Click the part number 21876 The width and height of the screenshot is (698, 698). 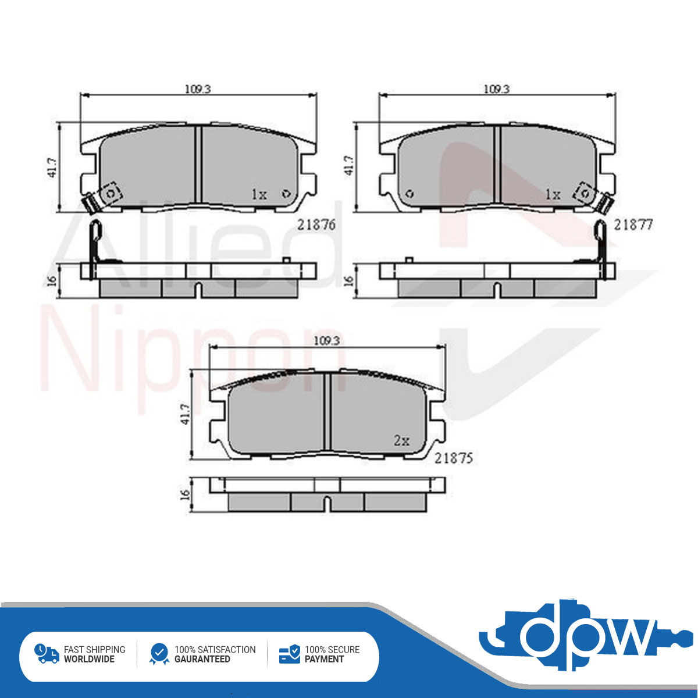pyautogui.click(x=316, y=225)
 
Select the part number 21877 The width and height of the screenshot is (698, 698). pyautogui.click(x=633, y=225)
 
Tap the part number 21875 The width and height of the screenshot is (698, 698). pyautogui.click(x=454, y=458)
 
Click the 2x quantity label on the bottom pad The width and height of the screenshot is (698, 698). pyautogui.click(x=402, y=440)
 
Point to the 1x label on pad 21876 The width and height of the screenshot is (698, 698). pyautogui.click(x=259, y=195)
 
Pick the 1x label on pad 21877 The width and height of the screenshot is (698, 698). pyautogui.click(x=553, y=195)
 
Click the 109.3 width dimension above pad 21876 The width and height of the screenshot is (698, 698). pyautogui.click(x=198, y=89)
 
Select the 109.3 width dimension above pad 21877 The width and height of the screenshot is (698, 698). pyautogui.click(x=497, y=89)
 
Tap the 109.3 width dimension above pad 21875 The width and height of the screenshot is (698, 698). pyautogui.click(x=327, y=341)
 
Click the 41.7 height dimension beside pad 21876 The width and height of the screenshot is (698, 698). pyautogui.click(x=53, y=168)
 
